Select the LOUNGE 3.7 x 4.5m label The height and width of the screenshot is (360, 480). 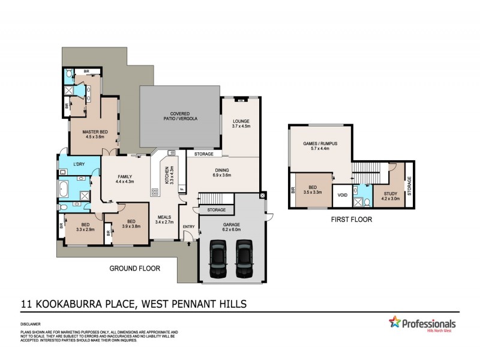pyautogui.click(x=241, y=124)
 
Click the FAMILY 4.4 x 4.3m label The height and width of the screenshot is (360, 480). pyautogui.click(x=124, y=178)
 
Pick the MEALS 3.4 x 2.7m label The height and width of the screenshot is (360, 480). pyautogui.click(x=164, y=220)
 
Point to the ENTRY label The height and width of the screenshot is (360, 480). pyautogui.click(x=189, y=226)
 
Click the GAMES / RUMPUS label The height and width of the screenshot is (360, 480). pyautogui.click(x=320, y=148)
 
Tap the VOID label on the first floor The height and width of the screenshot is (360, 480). pyautogui.click(x=343, y=196)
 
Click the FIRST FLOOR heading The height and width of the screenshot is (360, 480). pyautogui.click(x=352, y=220)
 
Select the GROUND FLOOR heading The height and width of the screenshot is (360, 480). pyautogui.click(x=134, y=268)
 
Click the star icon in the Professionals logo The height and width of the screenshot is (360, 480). pyautogui.click(x=395, y=322)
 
